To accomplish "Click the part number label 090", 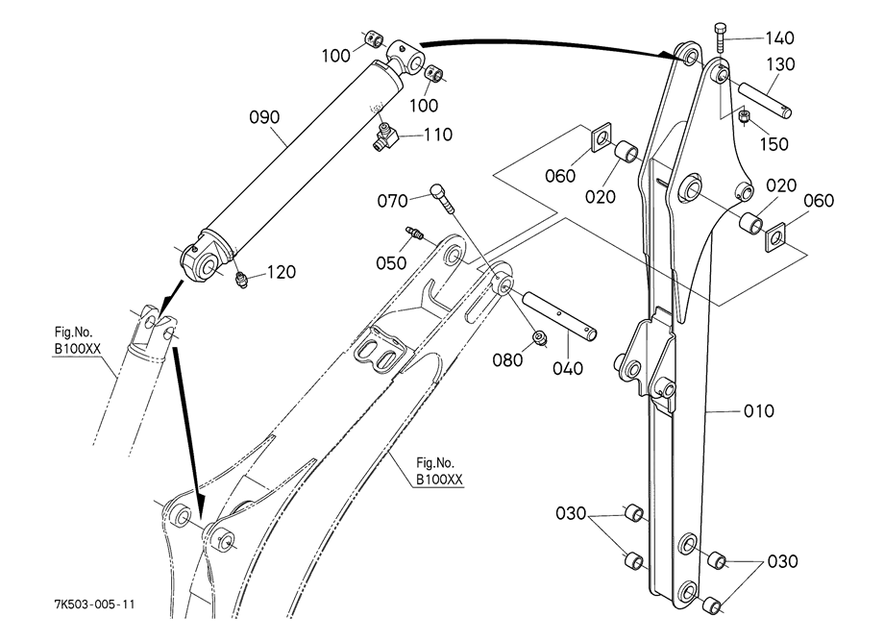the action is [264, 117].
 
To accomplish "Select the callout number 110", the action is [438, 135].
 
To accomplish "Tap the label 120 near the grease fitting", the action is [281, 272].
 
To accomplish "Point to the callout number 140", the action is [779, 38].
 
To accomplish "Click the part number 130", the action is [780, 64].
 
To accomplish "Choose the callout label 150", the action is [774, 144].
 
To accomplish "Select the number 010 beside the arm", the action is [759, 411].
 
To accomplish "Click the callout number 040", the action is [568, 369].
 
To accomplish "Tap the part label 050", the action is [391, 262].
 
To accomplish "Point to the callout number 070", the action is [392, 201].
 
